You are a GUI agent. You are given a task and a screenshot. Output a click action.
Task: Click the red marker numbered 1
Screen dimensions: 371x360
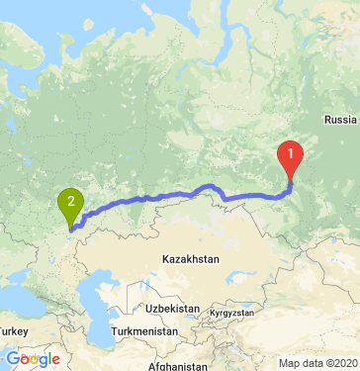point(290,154)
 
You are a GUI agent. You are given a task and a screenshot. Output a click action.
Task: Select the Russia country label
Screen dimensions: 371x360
point(339,121)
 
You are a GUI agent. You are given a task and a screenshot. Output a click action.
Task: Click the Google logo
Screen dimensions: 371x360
point(32,358)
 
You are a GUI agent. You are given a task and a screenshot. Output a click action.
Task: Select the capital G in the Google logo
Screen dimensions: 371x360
point(11,358)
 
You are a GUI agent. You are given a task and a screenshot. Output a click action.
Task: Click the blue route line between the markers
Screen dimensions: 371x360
point(178,192)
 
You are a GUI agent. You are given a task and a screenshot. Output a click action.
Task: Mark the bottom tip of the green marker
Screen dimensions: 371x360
point(71,227)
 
